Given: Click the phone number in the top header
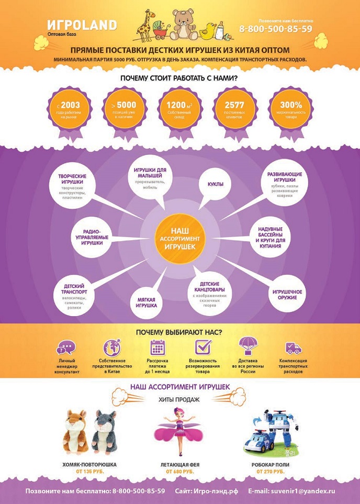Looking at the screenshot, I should click(x=276, y=29).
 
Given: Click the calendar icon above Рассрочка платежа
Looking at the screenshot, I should click(x=157, y=348).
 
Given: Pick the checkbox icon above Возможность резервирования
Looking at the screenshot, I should click(x=203, y=347).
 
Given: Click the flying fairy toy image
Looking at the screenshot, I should click(x=179, y=431).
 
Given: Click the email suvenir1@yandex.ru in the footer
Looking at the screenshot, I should click(x=299, y=491).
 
